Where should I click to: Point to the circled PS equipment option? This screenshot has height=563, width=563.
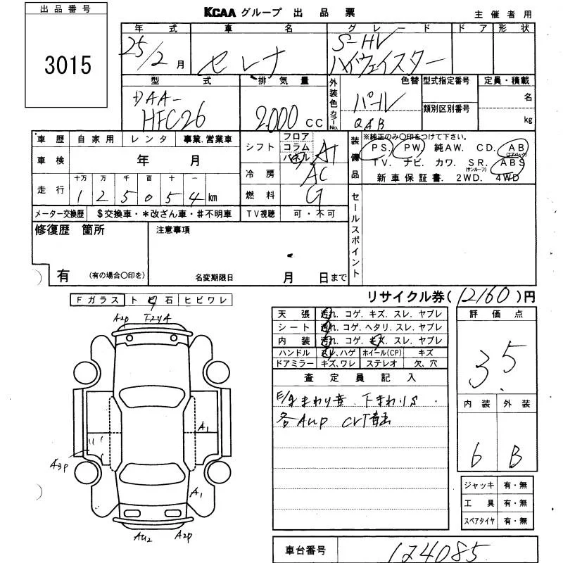pos(379,148)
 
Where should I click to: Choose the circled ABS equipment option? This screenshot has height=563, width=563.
pos(513,162)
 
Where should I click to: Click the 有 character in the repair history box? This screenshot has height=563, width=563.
pos(63,277)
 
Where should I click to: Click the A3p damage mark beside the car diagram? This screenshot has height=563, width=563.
pos(58,465)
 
